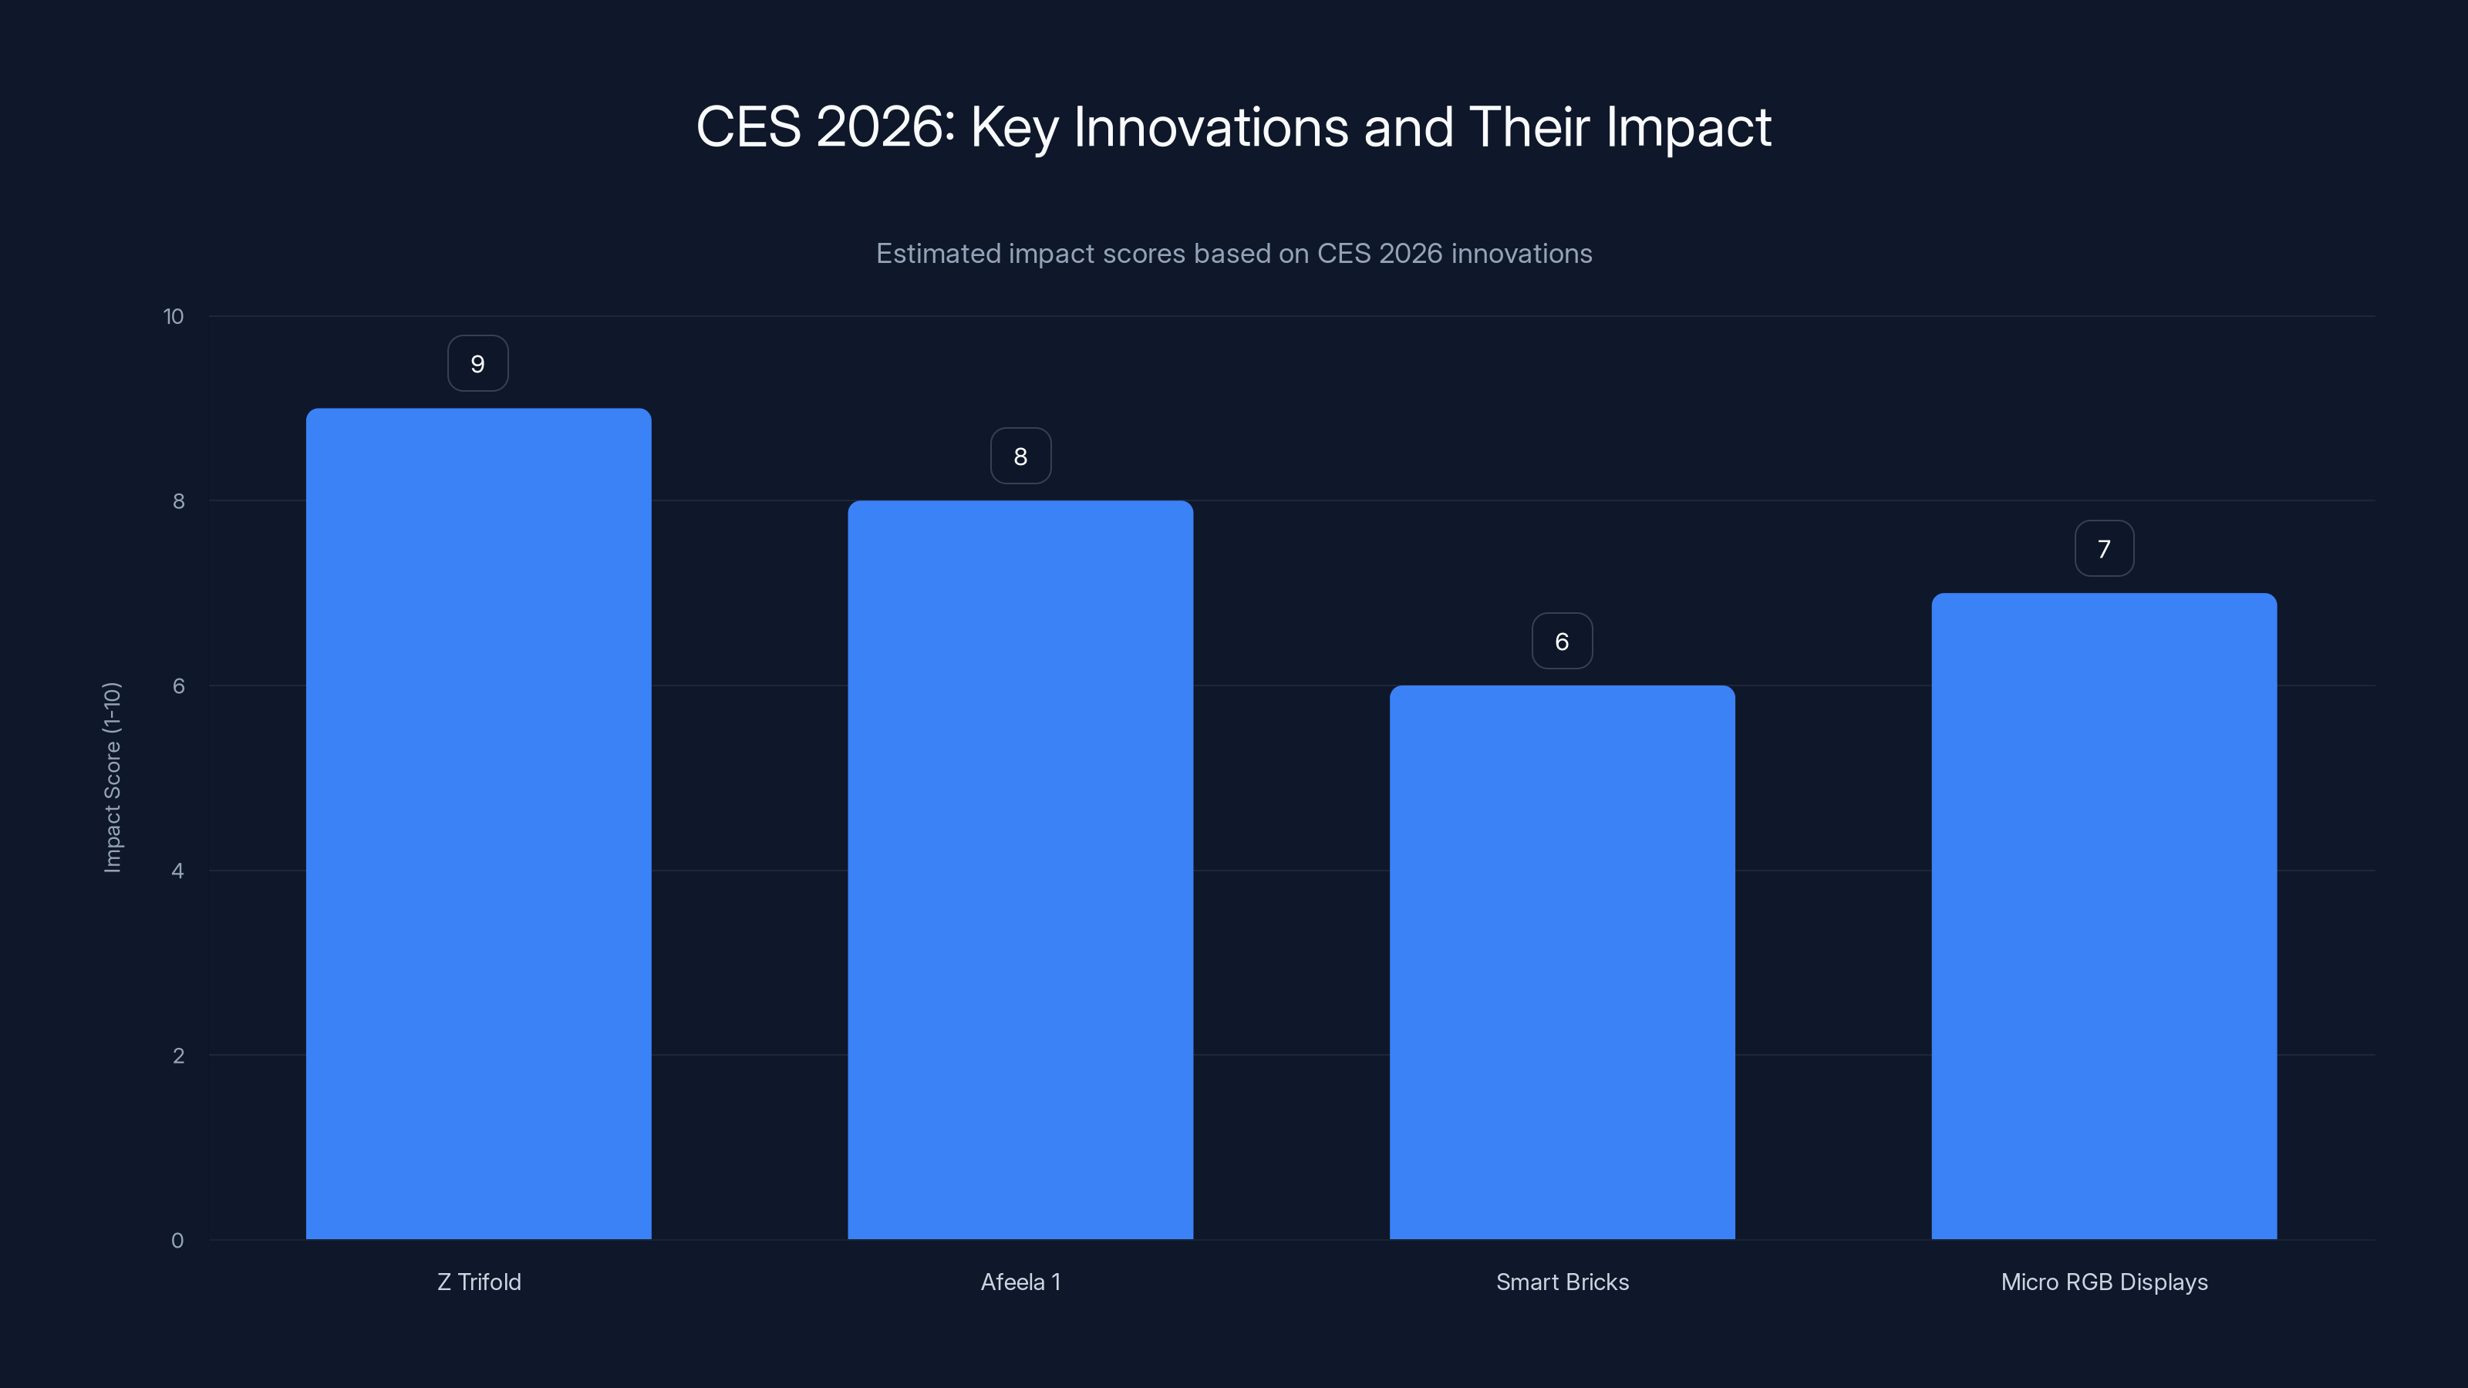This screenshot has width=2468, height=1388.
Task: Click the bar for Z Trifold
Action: [x=478, y=824]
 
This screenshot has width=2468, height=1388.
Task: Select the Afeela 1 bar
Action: [x=1020, y=870]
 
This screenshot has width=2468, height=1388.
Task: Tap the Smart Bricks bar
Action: [x=1562, y=962]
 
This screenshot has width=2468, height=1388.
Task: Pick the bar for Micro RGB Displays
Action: [x=2104, y=916]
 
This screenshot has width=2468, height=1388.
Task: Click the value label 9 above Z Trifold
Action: [x=478, y=364]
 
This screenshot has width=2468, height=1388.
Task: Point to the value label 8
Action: [x=1020, y=457]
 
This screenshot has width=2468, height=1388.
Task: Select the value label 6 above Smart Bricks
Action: [x=1562, y=642]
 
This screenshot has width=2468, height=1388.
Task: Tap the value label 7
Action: [x=2104, y=549]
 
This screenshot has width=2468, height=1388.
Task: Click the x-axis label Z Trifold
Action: [x=479, y=1282]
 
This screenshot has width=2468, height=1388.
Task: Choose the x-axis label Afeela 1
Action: [x=1020, y=1282]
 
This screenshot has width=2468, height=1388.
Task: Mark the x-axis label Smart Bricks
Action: [x=1562, y=1282]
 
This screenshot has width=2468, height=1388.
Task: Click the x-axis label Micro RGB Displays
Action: [x=2104, y=1282]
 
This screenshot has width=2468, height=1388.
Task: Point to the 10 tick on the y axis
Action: [x=174, y=316]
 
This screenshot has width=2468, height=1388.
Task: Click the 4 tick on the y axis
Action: [x=177, y=871]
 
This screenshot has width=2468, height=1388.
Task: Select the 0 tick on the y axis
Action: [x=177, y=1241]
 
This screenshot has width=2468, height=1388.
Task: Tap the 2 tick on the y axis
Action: [x=178, y=1056]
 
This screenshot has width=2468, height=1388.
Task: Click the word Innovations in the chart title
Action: [x=1211, y=127]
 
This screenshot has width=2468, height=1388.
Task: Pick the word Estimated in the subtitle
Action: [x=938, y=254]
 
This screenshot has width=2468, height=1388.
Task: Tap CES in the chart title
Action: [x=748, y=127]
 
